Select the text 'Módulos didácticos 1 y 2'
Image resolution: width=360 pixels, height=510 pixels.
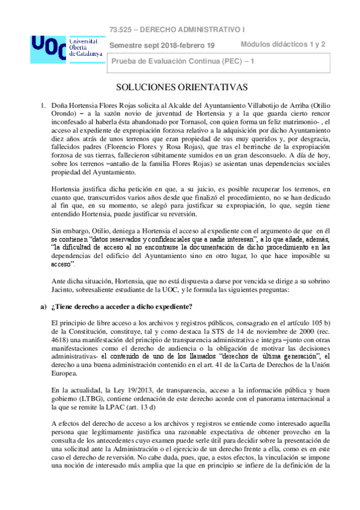click(x=283, y=44)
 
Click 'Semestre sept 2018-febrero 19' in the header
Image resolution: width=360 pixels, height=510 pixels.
click(x=162, y=46)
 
